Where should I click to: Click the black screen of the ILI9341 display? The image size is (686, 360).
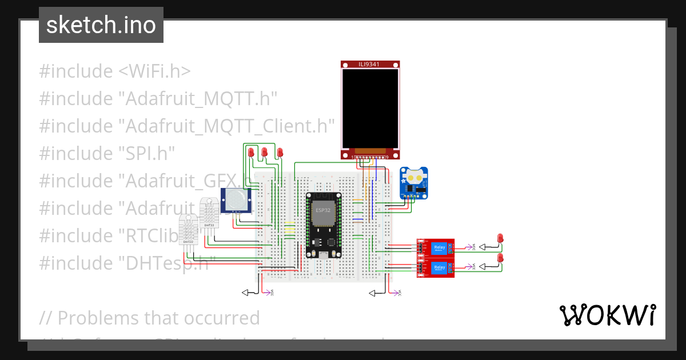coord(370,107)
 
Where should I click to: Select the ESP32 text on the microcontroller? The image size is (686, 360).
coord(323,210)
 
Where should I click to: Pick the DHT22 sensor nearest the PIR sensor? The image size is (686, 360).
coord(209,213)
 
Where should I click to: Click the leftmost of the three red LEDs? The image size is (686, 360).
coord(251,152)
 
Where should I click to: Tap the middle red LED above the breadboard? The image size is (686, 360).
coord(264,152)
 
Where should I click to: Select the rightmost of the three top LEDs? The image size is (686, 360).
coord(280,152)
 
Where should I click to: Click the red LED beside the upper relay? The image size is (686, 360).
coord(501,238)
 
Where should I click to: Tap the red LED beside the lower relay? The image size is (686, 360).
coord(501,258)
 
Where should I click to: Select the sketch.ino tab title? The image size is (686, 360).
coord(101,25)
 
